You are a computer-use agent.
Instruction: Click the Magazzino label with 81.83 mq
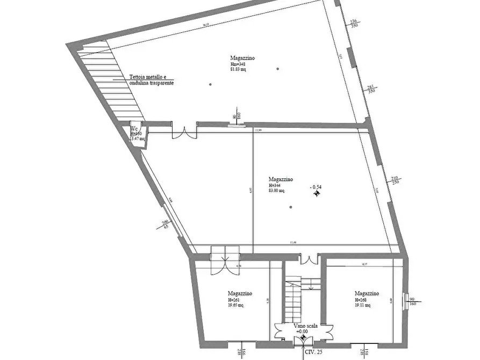click(x=242, y=58)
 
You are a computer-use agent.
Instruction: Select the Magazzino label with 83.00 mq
click(x=281, y=179)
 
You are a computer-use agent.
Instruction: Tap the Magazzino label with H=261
click(x=240, y=294)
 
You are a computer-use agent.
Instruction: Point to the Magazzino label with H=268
click(x=367, y=293)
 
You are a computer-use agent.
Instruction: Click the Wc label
click(x=134, y=129)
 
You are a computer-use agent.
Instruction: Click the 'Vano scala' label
click(x=306, y=326)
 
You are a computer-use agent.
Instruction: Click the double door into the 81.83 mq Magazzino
click(x=184, y=132)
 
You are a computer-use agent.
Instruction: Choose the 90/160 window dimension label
click(x=412, y=300)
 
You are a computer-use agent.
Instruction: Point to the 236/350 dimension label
click(x=353, y=23)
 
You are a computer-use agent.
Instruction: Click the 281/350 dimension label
click(x=370, y=89)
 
